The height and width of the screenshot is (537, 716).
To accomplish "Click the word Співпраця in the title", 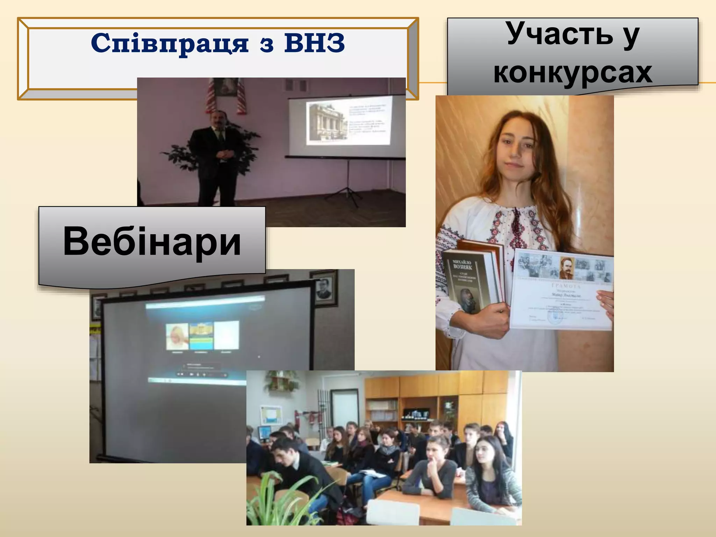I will pyautogui.click(x=170, y=44).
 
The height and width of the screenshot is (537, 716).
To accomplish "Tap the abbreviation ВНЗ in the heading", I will pyautogui.click(x=314, y=43).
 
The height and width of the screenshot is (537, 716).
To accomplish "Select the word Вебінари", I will pyautogui.click(x=152, y=241).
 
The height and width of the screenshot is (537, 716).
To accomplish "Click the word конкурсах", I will pyautogui.click(x=573, y=72).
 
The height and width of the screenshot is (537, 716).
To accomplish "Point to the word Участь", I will pyautogui.click(x=560, y=34).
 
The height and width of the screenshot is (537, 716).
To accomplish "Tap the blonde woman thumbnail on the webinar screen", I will pyautogui.click(x=177, y=336).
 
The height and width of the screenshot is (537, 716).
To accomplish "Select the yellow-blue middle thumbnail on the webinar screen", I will pyautogui.click(x=201, y=336).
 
